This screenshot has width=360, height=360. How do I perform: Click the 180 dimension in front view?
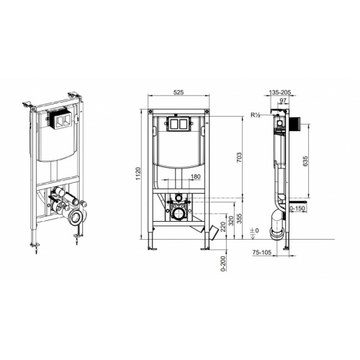[x=195, y=176]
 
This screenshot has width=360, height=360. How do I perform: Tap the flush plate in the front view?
[x=176, y=124]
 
